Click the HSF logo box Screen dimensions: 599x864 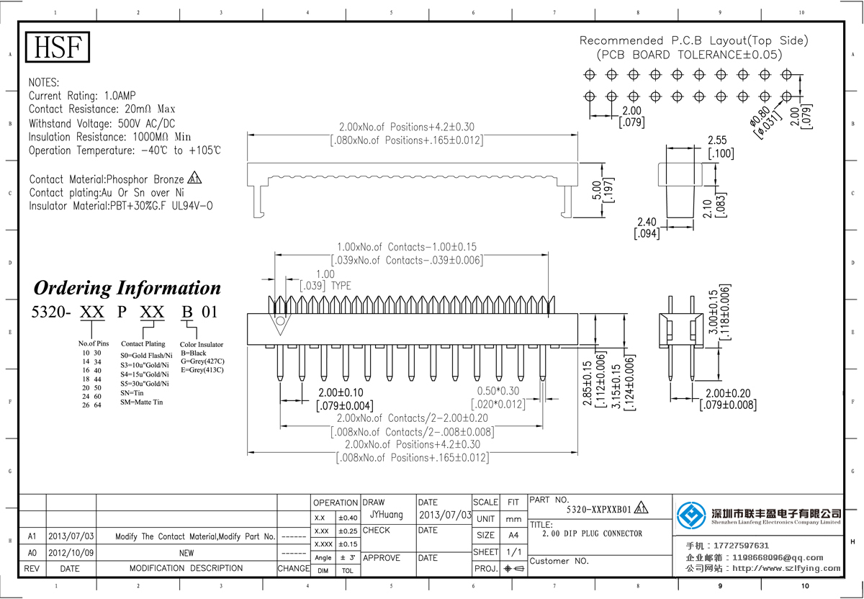pos(59,48)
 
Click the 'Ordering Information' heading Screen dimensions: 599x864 pos(127,288)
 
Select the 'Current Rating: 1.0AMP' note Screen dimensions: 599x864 pos(82,96)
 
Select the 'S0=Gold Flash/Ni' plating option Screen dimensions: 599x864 pos(146,356)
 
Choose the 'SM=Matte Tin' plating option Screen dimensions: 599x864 pos(142,402)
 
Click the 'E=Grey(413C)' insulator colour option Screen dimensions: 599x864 pos(202,370)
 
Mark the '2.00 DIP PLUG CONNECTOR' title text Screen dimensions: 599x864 pos(591,533)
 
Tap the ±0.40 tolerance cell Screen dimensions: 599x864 pos(348,518)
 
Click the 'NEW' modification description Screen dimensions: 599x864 pos(186,552)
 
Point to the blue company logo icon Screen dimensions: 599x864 pos(691,515)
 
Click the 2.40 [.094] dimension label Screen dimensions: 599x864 pos(647,228)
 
